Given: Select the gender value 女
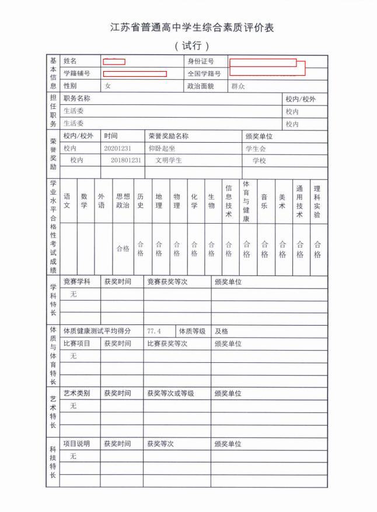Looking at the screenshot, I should (107, 86).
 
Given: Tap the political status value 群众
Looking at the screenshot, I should (238, 86).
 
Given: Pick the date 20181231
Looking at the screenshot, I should (125, 160).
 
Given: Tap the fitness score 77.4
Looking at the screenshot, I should (154, 331).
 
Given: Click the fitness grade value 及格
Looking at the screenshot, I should (221, 331).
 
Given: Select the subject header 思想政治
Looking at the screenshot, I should (123, 201).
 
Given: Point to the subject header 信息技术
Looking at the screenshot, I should (229, 201).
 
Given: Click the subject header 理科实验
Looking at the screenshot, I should (317, 201).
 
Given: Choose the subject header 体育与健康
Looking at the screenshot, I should (246, 201).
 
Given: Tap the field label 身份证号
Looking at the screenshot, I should (200, 62).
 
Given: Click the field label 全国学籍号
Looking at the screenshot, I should (204, 74).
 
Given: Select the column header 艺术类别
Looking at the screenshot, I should (76, 393).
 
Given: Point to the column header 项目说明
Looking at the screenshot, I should (76, 444).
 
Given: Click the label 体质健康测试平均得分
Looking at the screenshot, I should (97, 331).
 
